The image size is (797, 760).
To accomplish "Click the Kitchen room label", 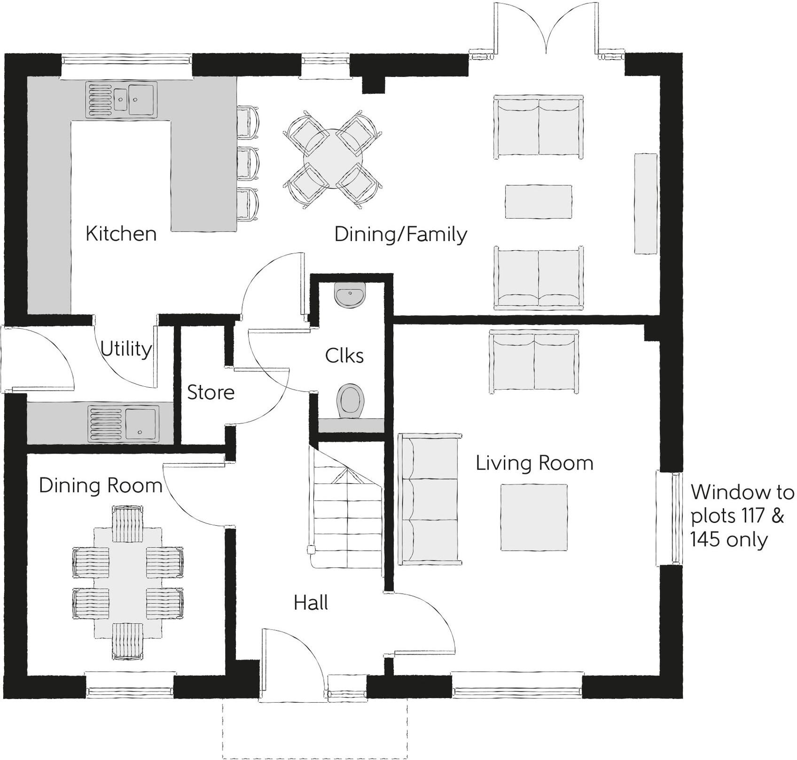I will (121, 233).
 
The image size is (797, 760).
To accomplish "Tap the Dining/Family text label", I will (400, 234).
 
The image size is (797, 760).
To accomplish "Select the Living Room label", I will (534, 463).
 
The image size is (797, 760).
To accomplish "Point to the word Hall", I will (311, 602).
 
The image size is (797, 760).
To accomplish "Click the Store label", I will (211, 392).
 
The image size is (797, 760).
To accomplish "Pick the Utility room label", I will (126, 349).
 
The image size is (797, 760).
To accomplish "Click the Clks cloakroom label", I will (344, 355).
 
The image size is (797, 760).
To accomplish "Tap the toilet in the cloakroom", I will (351, 400).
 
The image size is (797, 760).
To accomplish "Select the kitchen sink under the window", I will (121, 99).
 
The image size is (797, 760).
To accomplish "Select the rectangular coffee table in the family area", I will (539, 201).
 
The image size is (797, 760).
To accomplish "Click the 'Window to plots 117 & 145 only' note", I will (742, 515).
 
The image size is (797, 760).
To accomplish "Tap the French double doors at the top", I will (546, 33).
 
